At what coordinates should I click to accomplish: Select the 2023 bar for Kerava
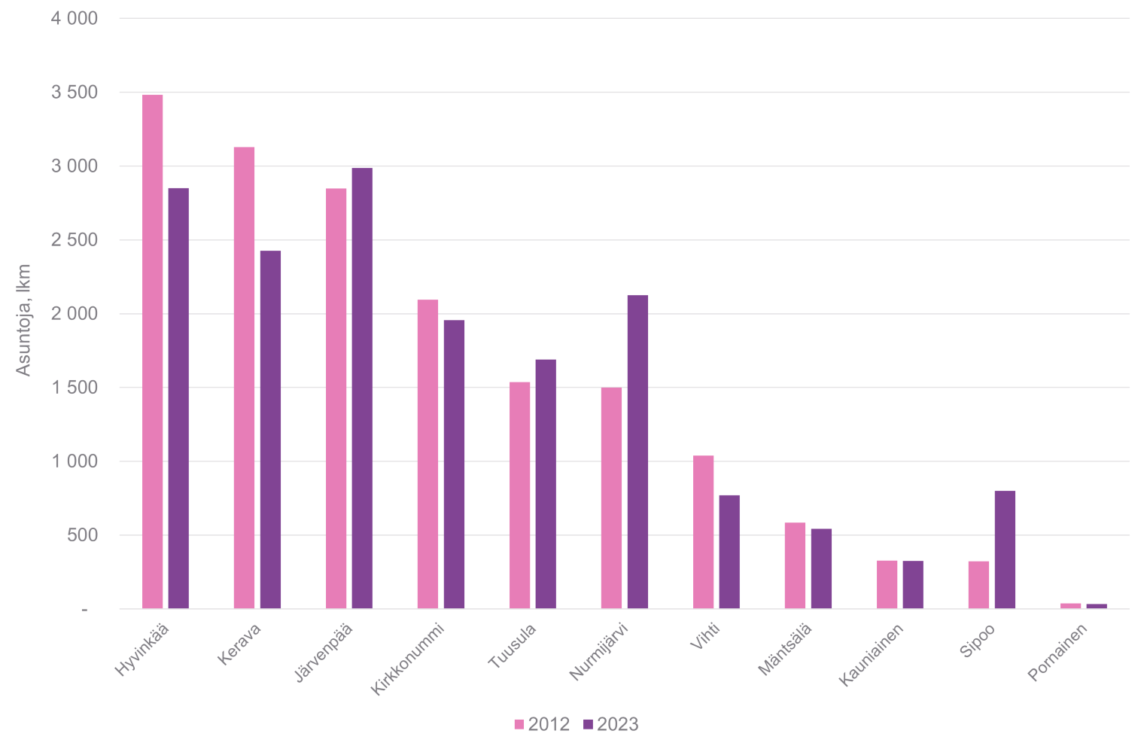pyautogui.click(x=270, y=429)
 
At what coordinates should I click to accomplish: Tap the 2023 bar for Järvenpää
pyautogui.click(x=362, y=388)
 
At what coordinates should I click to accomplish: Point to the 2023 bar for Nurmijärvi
pyautogui.click(x=637, y=452)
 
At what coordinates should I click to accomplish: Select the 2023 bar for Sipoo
pyautogui.click(x=1005, y=550)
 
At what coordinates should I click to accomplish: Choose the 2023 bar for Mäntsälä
pyautogui.click(x=821, y=568)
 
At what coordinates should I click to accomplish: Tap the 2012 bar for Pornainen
pyautogui.click(x=1070, y=605)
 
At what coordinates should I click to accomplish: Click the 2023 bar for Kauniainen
pyautogui.click(x=913, y=584)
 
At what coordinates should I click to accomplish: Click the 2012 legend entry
pyautogui.click(x=542, y=724)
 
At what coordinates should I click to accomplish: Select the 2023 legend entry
pyautogui.click(x=610, y=724)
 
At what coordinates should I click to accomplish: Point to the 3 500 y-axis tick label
pyautogui.click(x=74, y=93)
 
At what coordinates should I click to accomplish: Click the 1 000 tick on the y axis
pyautogui.click(x=74, y=461)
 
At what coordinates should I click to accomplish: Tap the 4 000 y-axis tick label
pyautogui.click(x=74, y=19)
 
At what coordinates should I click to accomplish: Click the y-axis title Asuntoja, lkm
pyautogui.click(x=24, y=320)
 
